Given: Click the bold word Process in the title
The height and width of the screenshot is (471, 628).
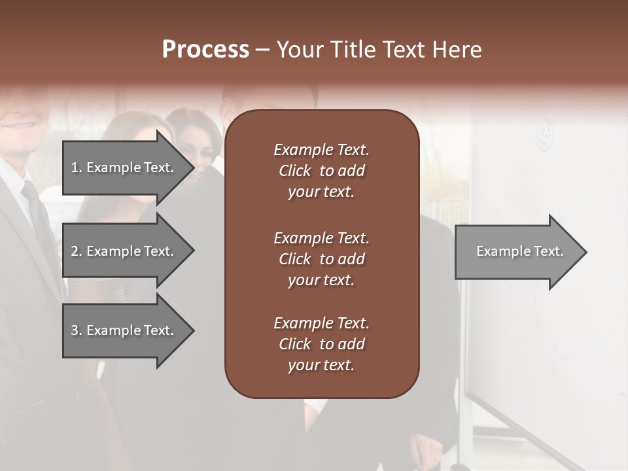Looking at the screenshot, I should pos(205,50).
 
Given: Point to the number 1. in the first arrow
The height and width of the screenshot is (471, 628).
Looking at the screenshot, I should pos(76,167).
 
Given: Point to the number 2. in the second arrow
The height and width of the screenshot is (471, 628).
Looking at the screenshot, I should pos(76,251).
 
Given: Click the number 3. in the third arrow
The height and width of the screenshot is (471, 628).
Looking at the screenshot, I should pos(76,330).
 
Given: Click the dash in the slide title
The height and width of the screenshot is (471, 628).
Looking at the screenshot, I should pos(262,50).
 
